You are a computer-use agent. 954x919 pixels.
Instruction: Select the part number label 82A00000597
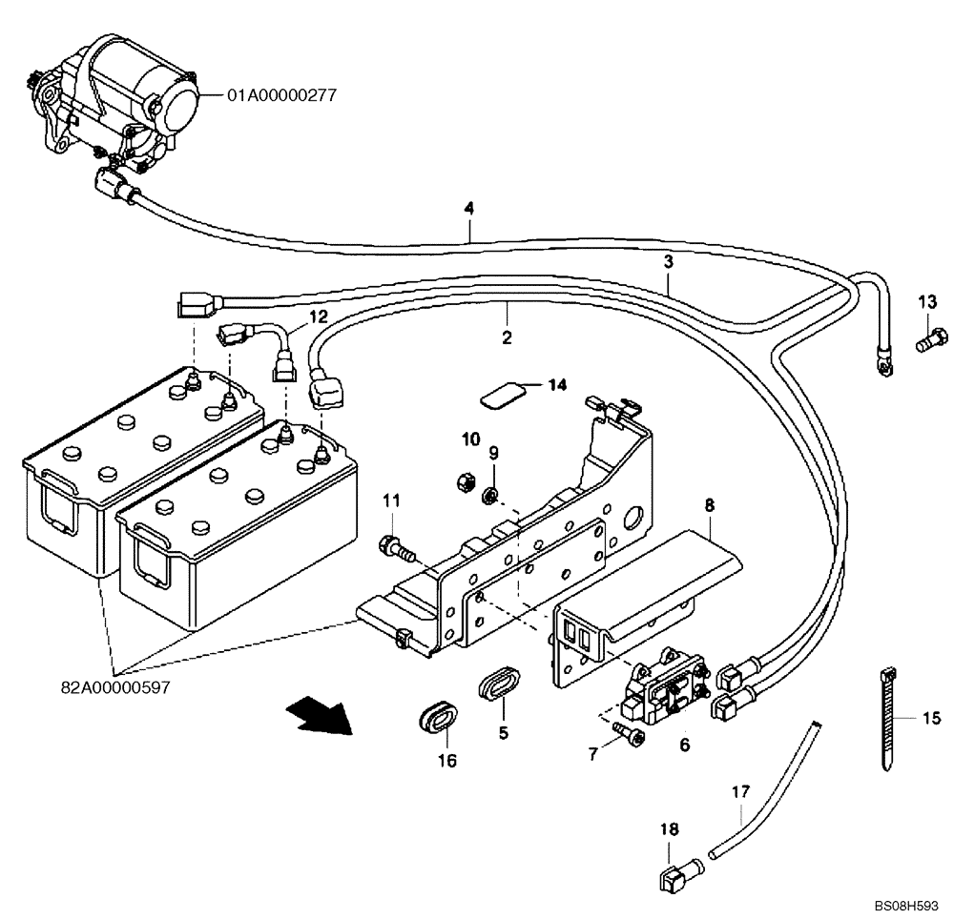click(x=116, y=685)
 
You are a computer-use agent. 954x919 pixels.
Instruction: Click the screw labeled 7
click(x=626, y=730)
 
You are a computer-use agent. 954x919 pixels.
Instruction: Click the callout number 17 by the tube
click(x=740, y=789)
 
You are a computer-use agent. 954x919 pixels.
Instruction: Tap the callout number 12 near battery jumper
click(x=317, y=316)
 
